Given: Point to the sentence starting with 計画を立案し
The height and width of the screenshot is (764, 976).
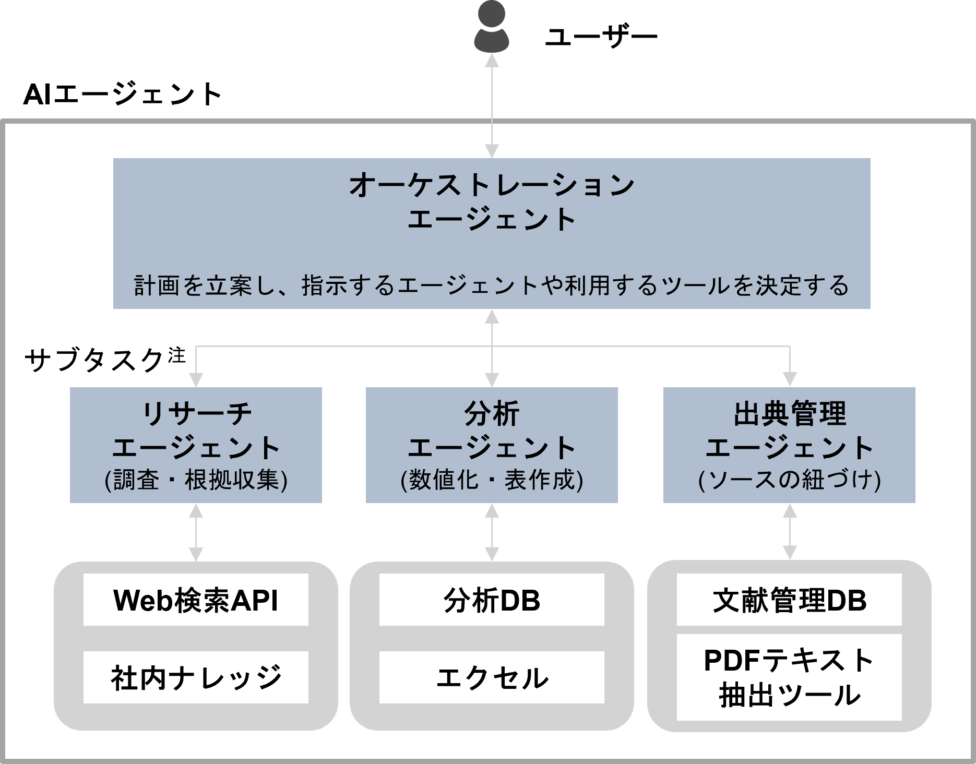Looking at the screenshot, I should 492,286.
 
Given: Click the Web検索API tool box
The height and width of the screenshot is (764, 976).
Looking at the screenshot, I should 196,600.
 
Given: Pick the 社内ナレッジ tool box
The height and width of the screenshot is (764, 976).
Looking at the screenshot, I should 196,677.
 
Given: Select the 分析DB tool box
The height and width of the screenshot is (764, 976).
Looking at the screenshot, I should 492,600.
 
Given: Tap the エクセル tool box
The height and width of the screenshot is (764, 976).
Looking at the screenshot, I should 492,677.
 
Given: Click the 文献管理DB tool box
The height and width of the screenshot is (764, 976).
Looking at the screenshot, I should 789,600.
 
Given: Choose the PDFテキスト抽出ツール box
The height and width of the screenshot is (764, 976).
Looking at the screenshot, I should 789,677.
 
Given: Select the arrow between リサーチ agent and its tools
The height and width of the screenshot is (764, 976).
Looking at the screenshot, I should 196,532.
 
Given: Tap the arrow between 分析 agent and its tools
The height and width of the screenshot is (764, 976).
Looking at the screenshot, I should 492,532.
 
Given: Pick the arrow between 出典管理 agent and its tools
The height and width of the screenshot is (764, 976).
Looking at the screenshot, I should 790,532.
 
